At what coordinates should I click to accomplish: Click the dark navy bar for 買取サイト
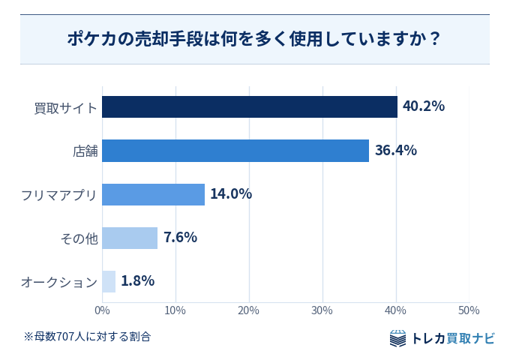250,106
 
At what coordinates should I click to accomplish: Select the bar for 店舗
235,151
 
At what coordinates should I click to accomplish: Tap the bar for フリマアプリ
154,194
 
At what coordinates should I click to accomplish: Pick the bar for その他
130,238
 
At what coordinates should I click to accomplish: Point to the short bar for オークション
109,282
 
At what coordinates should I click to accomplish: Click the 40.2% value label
424,106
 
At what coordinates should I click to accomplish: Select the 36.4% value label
396,150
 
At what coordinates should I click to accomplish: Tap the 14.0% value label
231,193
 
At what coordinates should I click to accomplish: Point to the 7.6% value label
180,238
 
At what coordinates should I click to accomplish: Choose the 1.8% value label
137,281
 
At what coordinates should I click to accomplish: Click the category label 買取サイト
66,108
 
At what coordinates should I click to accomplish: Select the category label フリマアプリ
58,195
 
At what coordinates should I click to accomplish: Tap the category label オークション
59,282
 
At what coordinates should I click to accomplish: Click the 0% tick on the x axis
102,310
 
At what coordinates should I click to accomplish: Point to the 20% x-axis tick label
248,310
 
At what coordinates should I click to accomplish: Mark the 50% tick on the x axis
469,310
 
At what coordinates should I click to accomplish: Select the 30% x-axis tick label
322,310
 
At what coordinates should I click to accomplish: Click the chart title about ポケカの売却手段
254,39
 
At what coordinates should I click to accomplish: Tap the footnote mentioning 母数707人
87,337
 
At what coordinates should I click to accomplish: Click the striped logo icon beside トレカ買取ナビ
397,338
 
